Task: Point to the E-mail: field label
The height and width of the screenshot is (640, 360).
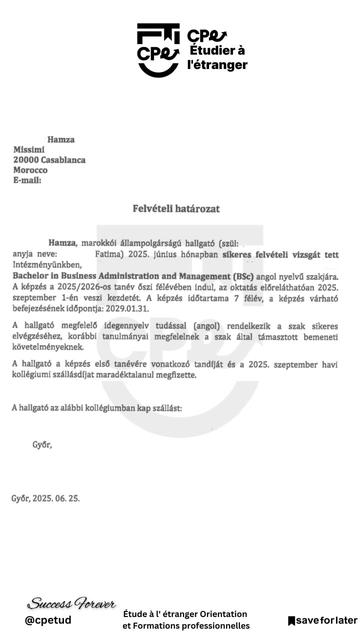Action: [29, 181]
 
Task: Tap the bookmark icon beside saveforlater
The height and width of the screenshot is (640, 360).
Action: [292, 621]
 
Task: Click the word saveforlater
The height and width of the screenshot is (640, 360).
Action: [325, 621]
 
